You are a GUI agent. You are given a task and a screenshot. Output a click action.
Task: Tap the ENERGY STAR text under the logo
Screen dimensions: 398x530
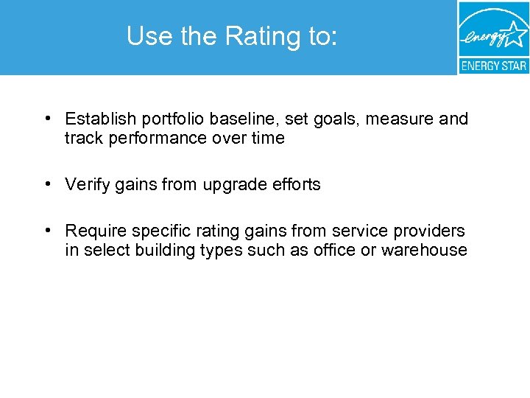point(493,66)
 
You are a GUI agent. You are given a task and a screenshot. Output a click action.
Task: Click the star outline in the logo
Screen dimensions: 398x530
point(515,32)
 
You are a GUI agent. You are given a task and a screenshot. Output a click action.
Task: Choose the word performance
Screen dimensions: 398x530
point(152,139)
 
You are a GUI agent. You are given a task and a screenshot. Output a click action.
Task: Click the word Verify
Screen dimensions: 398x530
point(87,185)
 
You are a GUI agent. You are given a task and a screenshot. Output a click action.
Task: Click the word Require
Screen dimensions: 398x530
point(93,231)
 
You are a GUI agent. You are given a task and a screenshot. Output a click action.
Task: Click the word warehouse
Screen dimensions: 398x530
point(424,251)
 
